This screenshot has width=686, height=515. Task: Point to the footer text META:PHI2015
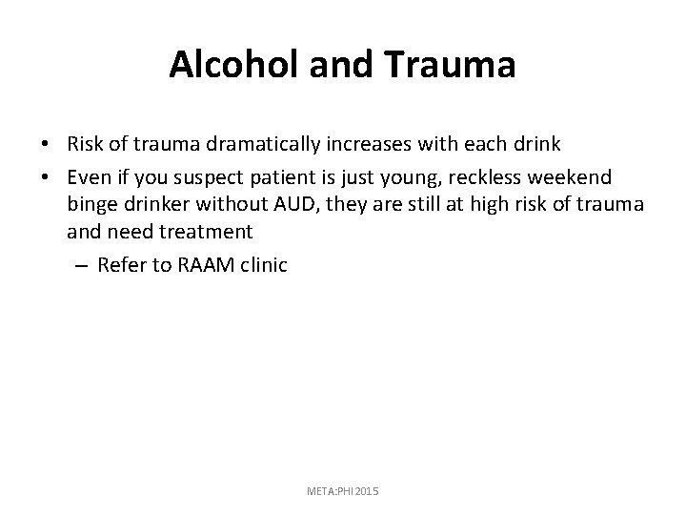(343, 491)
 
